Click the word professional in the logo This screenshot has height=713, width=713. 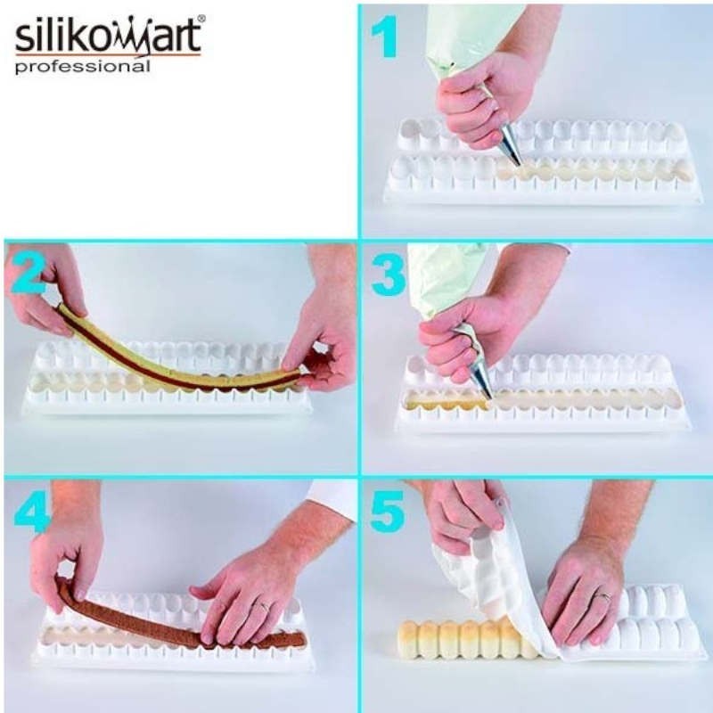[x=82, y=67]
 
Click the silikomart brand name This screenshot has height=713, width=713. [x=107, y=37]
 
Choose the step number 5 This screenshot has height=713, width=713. [x=388, y=512]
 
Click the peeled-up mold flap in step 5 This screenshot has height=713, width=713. [x=499, y=570]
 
